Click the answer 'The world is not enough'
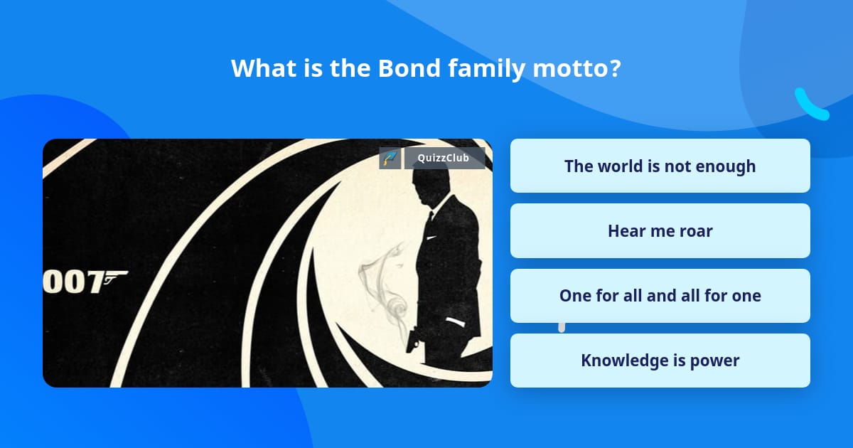[660, 166]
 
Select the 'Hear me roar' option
[660, 231]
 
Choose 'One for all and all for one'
[660, 296]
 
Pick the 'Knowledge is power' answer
[660, 361]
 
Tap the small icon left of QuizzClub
[389, 158]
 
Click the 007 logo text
[75, 282]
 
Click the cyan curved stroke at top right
[810, 105]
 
